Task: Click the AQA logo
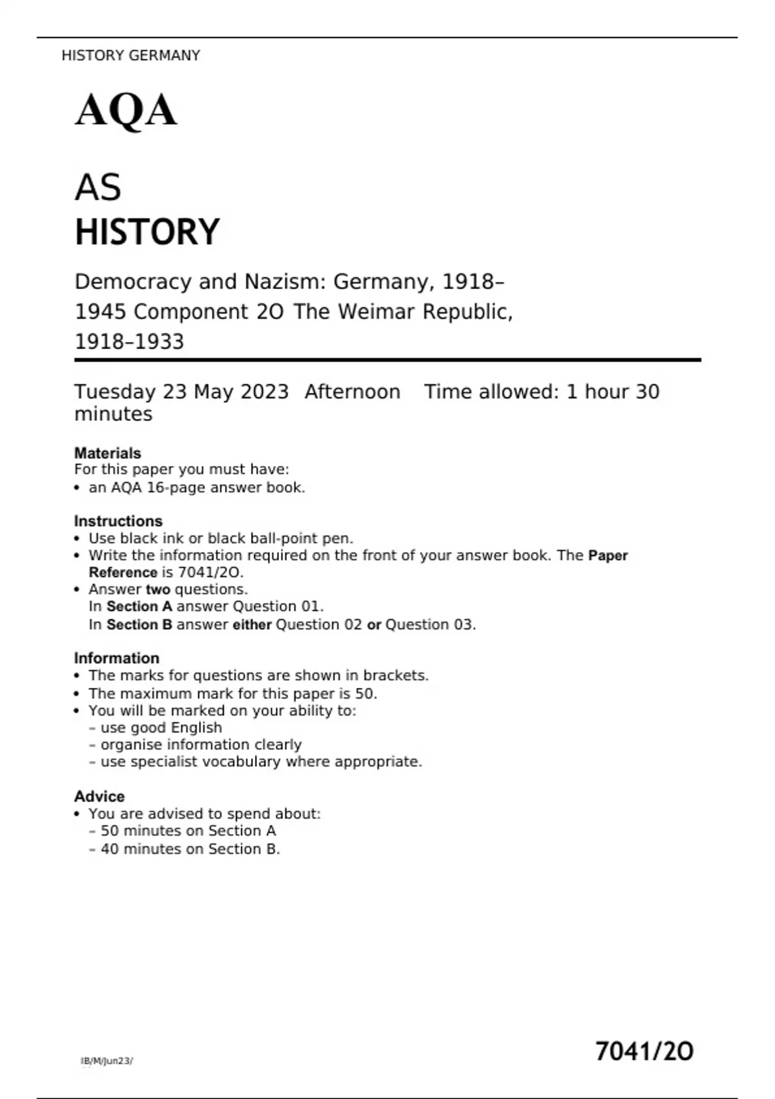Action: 126,111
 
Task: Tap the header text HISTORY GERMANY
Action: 130,56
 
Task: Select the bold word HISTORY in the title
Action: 147,232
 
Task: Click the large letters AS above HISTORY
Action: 98,187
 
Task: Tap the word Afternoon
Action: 353,392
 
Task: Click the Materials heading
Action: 107,453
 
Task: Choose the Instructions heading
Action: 118,521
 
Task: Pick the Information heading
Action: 116,658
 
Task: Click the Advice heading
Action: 99,796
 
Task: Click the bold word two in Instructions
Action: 158,590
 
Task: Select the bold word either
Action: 252,624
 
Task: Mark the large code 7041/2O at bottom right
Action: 644,1052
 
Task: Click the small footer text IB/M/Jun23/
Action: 107,1061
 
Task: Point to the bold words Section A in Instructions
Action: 139,606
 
